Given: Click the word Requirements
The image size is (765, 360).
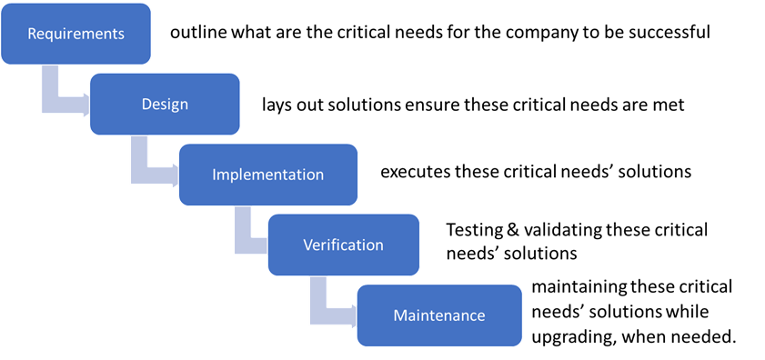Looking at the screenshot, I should click(75, 34).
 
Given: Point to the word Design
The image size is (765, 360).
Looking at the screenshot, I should click(165, 104).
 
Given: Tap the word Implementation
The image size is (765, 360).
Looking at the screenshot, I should click(267, 174).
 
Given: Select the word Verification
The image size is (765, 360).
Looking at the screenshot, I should click(343, 245).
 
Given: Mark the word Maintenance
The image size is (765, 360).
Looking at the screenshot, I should click(439, 315).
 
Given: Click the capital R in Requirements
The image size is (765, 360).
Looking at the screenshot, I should click(32, 34).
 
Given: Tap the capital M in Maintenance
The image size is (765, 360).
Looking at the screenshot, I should click(399, 315).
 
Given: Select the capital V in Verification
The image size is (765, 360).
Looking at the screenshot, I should click(307, 245).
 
